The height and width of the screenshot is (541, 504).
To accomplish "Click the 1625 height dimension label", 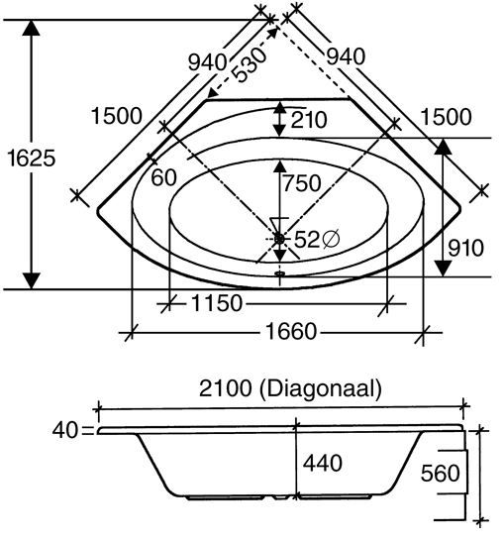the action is click(31, 159).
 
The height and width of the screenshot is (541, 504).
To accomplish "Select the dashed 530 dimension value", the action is click(249, 64).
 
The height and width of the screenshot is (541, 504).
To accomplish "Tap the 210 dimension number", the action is click(309, 120).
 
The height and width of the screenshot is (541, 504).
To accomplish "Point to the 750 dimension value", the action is click(302, 183).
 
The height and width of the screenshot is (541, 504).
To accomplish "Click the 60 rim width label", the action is click(164, 178).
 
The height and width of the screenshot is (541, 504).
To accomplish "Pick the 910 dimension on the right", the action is click(465, 248).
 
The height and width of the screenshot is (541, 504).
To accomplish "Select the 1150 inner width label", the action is click(217, 303).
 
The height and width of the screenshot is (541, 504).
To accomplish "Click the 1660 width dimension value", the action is click(291, 332).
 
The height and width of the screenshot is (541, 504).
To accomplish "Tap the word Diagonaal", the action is click(320, 388).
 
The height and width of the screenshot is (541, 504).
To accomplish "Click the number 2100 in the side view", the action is click(225, 388).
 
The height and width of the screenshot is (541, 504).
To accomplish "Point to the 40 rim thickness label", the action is click(65, 431).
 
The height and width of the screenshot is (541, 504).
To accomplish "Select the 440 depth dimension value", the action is click(323, 463).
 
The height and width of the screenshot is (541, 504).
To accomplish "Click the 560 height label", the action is click(441, 473).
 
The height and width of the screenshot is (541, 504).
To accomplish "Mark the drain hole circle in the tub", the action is click(279, 239).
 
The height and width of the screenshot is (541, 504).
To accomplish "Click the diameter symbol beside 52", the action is click(331, 239).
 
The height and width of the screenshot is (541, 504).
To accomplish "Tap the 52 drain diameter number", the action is click(307, 239).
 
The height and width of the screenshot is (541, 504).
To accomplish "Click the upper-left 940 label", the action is click(208, 62).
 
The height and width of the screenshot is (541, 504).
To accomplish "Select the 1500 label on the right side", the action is click(447, 117).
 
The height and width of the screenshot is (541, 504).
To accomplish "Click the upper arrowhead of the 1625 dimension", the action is click(31, 28).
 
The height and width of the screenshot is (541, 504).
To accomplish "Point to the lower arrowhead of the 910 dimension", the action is click(443, 269).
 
